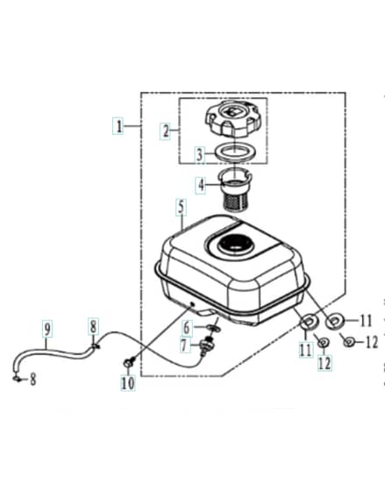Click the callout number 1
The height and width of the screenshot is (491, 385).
(x=118, y=126)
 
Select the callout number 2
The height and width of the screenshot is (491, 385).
(x=166, y=132)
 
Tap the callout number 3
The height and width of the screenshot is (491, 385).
(x=200, y=154)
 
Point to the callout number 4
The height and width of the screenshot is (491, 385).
(x=201, y=185)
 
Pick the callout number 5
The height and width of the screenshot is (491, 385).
(x=181, y=209)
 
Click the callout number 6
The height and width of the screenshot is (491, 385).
(x=187, y=328)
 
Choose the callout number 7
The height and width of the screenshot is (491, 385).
(x=185, y=345)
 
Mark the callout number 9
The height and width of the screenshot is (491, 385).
(x=47, y=329)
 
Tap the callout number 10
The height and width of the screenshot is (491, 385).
(x=128, y=382)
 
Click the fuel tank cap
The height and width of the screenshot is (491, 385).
(x=233, y=118)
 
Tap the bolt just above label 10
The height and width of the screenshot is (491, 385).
(x=128, y=363)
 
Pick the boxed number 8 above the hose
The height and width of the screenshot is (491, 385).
(x=93, y=326)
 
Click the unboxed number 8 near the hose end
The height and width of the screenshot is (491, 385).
(x=33, y=380)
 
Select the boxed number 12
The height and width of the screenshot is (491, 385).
(x=324, y=363)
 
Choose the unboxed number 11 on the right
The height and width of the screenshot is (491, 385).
(x=366, y=321)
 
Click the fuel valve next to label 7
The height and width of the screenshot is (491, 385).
(x=206, y=345)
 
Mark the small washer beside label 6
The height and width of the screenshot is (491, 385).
(x=213, y=329)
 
